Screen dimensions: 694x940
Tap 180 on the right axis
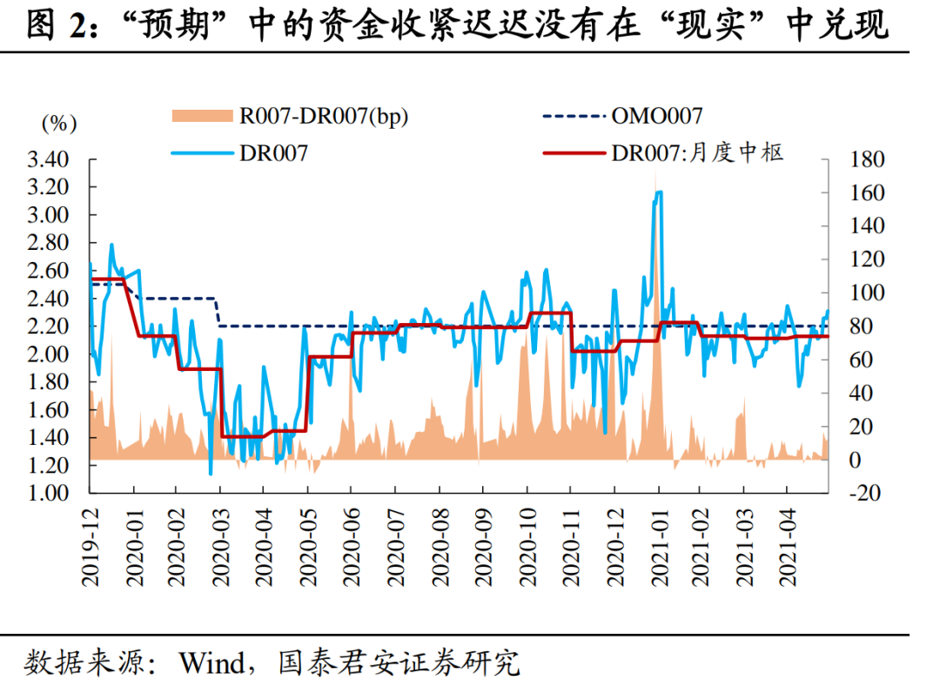click(866, 160)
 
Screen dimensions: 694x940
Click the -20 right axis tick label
click(864, 493)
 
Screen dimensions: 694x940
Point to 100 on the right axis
click(866, 293)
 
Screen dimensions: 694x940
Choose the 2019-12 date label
click(90, 544)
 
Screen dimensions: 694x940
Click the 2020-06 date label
click(352, 544)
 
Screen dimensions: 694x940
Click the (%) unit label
click(59, 124)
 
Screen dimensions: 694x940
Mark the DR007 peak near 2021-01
click(659, 192)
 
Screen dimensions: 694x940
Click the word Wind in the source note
click(212, 664)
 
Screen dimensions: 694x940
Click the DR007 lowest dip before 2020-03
click(211, 473)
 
